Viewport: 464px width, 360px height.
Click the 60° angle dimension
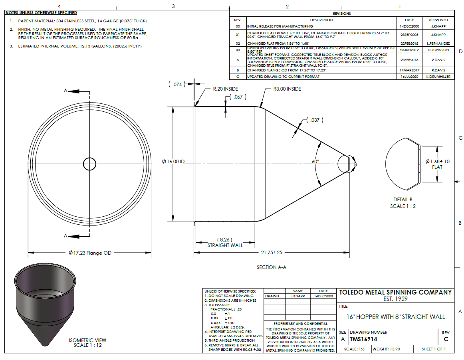click(x=315, y=162)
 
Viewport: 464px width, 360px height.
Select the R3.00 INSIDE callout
click(x=287, y=89)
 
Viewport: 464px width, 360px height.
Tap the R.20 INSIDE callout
click(x=226, y=89)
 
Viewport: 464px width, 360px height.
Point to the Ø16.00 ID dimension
click(x=173, y=162)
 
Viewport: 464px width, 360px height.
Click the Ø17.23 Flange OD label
click(x=90, y=253)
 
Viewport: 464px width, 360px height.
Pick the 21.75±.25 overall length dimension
click(x=271, y=253)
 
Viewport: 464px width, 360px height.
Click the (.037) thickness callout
click(x=315, y=120)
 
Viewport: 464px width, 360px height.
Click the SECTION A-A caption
click(x=272, y=267)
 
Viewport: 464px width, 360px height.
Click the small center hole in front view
click(x=89, y=163)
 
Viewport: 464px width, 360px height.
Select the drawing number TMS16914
click(x=363, y=339)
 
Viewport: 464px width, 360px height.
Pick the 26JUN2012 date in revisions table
click(x=409, y=50)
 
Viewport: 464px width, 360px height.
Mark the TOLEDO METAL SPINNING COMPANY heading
click(x=395, y=292)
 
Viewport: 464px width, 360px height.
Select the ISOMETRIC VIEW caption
click(x=88, y=340)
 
